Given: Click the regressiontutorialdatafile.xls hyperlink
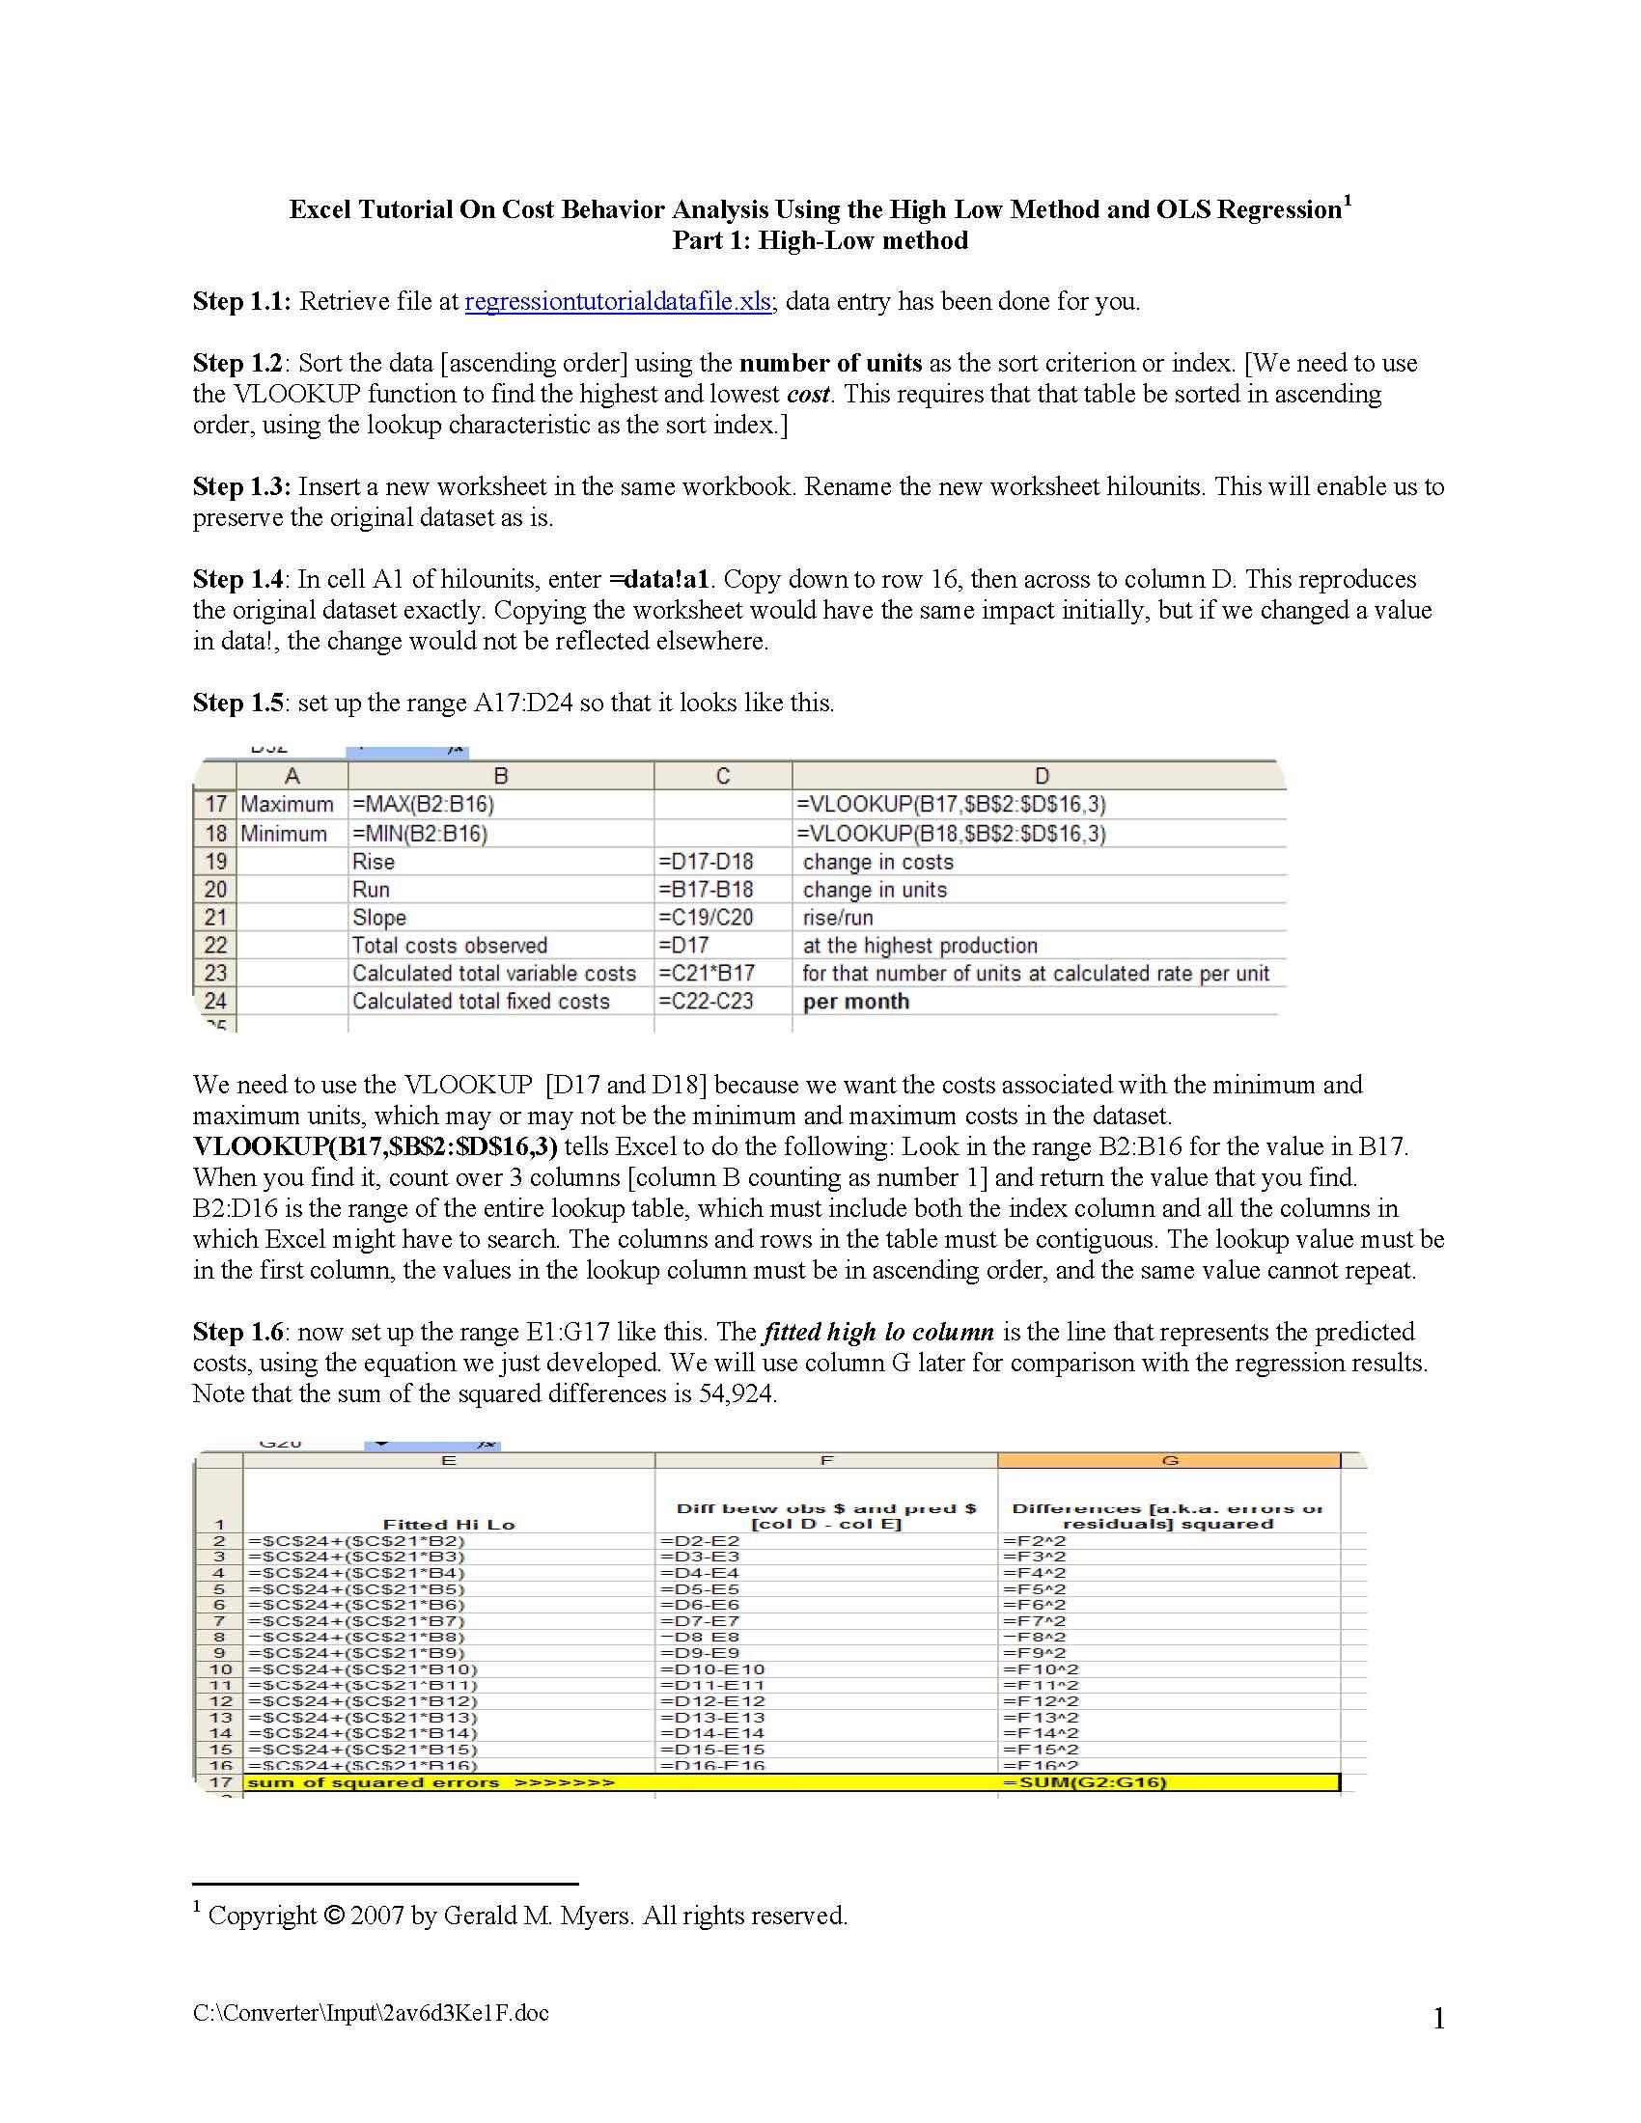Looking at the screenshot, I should click(x=619, y=301).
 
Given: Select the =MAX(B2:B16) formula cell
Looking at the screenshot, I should click(x=423, y=804).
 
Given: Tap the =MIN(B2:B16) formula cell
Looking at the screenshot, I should click(x=420, y=833).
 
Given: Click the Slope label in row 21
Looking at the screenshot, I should click(x=379, y=917).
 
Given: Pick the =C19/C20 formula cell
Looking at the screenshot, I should click(x=705, y=917).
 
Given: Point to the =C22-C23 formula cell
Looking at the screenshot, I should click(x=705, y=1001).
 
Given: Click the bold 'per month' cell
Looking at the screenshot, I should click(x=855, y=1002).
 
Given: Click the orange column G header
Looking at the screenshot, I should click(x=1170, y=1460).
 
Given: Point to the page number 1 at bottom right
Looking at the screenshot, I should click(x=1439, y=2019).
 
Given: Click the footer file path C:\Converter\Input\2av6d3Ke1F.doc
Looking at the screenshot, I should click(x=371, y=2011).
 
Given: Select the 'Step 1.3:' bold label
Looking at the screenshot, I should click(x=241, y=486).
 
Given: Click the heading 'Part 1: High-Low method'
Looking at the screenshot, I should click(x=820, y=240).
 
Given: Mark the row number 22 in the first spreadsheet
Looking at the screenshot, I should click(x=216, y=945).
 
